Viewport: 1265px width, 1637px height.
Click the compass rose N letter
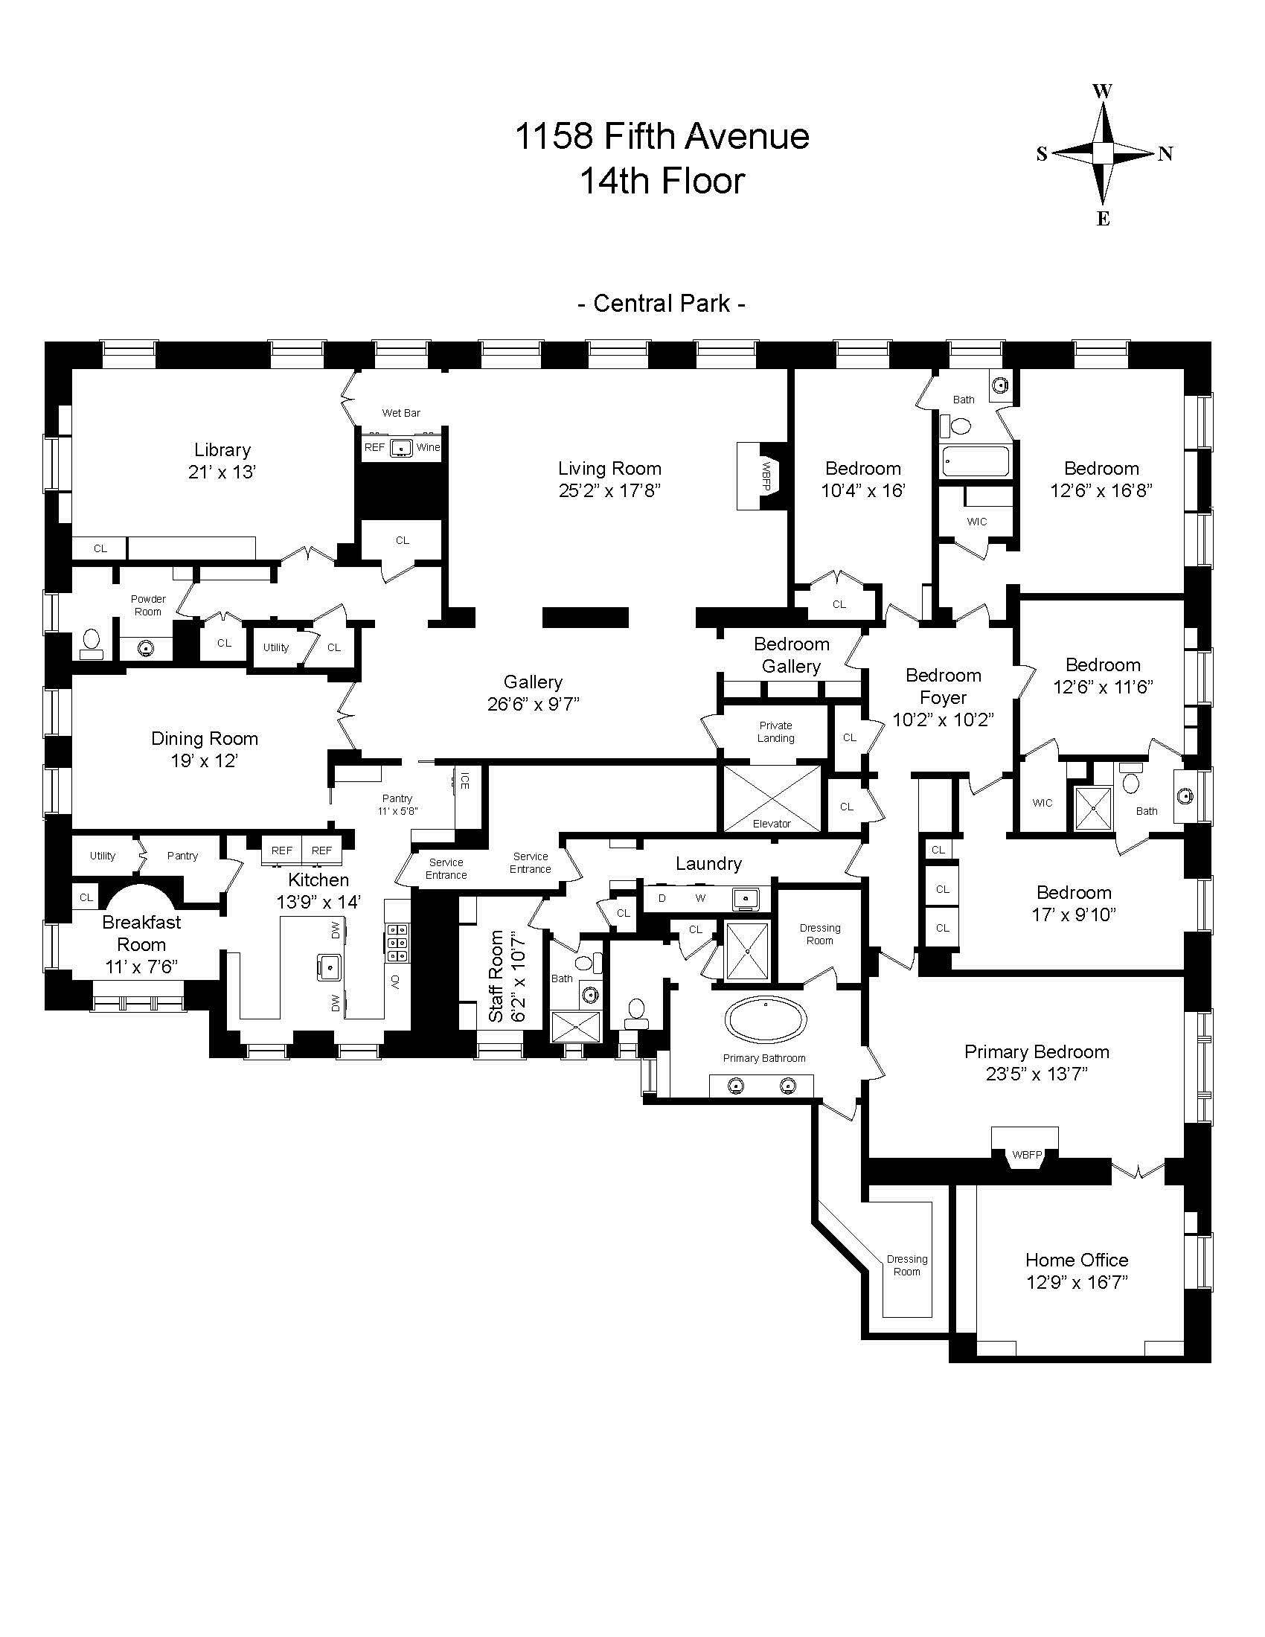click(x=1165, y=155)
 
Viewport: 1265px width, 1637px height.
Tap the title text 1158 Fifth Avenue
click(x=662, y=137)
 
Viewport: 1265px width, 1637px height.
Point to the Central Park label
click(x=662, y=304)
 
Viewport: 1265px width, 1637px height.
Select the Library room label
click(x=222, y=450)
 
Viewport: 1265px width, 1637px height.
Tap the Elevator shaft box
click(x=771, y=798)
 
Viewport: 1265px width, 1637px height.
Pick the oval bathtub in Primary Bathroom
click(x=766, y=1022)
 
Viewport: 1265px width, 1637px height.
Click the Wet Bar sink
click(x=403, y=447)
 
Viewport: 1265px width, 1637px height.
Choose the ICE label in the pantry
click(x=464, y=781)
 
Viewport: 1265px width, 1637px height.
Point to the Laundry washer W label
click(x=700, y=898)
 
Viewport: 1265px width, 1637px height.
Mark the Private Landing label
click(x=775, y=731)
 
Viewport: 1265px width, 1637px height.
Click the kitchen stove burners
click(x=397, y=943)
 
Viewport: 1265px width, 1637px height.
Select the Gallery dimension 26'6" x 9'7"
click(x=533, y=705)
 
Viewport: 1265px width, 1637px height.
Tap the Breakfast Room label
click(x=141, y=933)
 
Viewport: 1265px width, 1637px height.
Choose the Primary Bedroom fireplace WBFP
click(x=1027, y=1155)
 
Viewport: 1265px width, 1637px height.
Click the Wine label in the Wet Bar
click(x=428, y=447)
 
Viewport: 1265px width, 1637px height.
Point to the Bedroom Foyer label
click(x=943, y=687)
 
